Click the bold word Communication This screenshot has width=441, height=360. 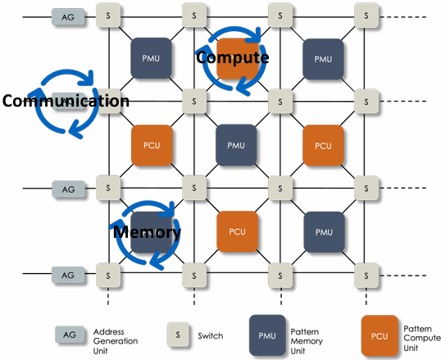click(x=66, y=101)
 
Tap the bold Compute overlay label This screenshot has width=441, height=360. click(x=233, y=57)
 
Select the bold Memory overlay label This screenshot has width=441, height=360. click(x=147, y=233)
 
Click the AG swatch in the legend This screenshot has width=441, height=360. click(x=70, y=335)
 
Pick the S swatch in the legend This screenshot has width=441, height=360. click(x=178, y=335)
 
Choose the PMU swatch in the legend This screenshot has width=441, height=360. click(x=267, y=335)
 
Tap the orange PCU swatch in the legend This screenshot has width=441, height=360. click(x=380, y=335)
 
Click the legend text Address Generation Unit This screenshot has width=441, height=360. click(x=116, y=341)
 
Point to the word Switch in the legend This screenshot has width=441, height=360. click(x=211, y=335)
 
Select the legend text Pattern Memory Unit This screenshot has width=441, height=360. click(x=307, y=341)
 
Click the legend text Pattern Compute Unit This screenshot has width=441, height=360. click(x=422, y=338)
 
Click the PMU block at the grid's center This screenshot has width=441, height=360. click(x=236, y=145)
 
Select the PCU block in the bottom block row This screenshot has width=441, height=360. click(x=238, y=231)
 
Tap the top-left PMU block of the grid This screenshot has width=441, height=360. click(x=151, y=58)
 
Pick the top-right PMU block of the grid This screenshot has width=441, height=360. click(x=323, y=59)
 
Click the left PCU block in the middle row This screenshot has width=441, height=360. click(x=152, y=145)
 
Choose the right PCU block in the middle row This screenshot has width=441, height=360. click(x=323, y=145)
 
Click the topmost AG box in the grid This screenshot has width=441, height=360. click(x=68, y=17)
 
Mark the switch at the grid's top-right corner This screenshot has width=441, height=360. click(x=366, y=16)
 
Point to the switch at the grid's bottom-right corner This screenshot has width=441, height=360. click(x=366, y=276)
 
